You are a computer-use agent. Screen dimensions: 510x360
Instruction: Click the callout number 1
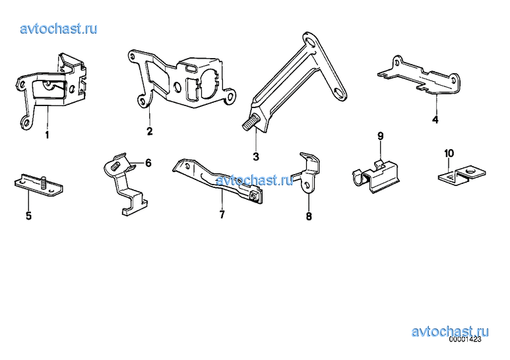pyautogui.click(x=47, y=135)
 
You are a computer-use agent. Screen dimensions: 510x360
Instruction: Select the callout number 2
pyautogui.click(x=150, y=131)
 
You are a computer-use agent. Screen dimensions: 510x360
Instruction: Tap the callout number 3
pyautogui.click(x=256, y=157)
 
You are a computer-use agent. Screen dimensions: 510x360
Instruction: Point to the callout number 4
pyautogui.click(x=435, y=119)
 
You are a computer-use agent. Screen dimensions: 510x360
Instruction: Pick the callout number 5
pyautogui.click(x=28, y=216)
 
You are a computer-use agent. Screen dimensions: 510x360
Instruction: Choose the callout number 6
pyautogui.click(x=148, y=163)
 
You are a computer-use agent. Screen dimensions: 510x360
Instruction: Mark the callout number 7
pyautogui.click(x=222, y=214)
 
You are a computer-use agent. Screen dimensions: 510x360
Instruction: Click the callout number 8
pyautogui.click(x=309, y=216)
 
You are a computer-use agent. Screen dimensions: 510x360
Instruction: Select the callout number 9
pyautogui.click(x=381, y=136)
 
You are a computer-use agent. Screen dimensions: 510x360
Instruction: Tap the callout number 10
pyautogui.click(x=449, y=153)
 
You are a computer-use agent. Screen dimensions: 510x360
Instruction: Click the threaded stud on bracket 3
pyautogui.click(x=250, y=123)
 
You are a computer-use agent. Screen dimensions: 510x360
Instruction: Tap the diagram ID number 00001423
pyautogui.click(x=465, y=340)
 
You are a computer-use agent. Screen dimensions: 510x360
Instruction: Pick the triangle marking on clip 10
pyautogui.click(x=449, y=177)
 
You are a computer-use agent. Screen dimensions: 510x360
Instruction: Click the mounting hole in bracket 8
pyautogui.click(x=307, y=185)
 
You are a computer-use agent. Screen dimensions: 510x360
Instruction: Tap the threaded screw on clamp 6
pyautogui.click(x=115, y=167)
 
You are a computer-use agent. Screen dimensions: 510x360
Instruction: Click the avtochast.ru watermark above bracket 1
pyautogui.click(x=59, y=29)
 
